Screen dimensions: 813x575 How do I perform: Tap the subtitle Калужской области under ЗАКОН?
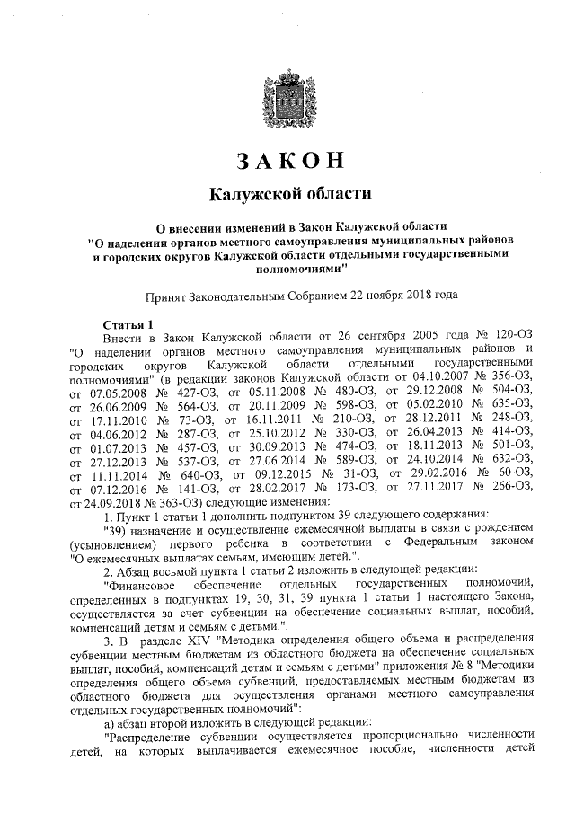coord(289,194)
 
